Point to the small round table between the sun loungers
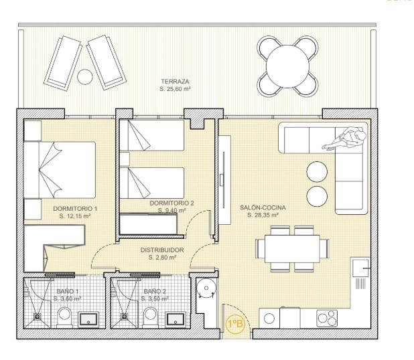(84, 77)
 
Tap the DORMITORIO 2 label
(172, 203)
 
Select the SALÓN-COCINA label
(263, 208)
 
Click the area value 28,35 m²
(263, 216)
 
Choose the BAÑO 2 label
(154, 291)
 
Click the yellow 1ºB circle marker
(236, 325)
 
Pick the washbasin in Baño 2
(175, 319)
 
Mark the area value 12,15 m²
(74, 216)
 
